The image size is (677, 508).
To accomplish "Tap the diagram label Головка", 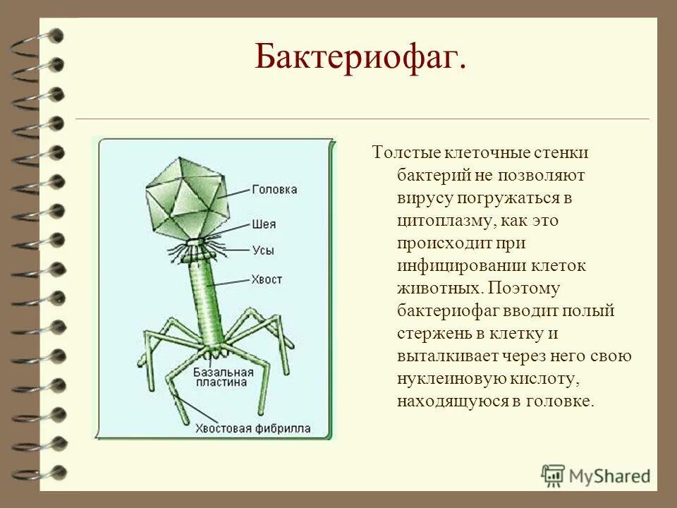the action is (x=274, y=189).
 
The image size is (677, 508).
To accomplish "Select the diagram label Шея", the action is (x=263, y=225).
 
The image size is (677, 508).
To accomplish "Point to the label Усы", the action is (x=262, y=250).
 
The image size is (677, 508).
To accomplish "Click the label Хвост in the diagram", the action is (x=266, y=279).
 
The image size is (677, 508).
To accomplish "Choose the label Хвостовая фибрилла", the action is (x=253, y=428).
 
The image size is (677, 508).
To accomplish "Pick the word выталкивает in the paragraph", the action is (x=453, y=356).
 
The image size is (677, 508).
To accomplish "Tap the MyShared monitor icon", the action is (x=554, y=476).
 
